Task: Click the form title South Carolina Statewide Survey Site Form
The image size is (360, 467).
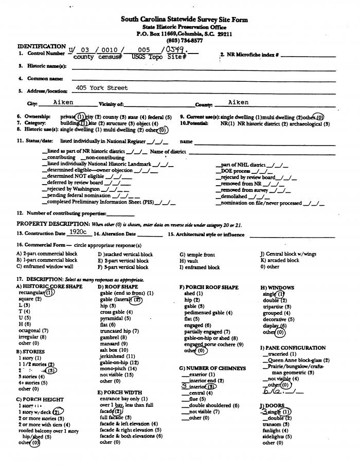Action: click(184, 20)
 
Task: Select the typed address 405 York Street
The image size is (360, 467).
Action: click(102, 88)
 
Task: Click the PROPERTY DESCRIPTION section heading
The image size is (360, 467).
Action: click(53, 224)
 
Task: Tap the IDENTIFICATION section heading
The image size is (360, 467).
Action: click(42, 46)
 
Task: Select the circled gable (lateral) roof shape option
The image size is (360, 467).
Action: click(121, 299)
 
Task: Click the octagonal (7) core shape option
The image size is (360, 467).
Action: click(33, 331)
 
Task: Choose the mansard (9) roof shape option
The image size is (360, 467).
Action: click(114, 344)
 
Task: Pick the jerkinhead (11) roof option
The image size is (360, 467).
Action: click(118, 356)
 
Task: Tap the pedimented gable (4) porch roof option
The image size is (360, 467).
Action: click(208, 312)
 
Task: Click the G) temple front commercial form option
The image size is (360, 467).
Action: click(197, 254)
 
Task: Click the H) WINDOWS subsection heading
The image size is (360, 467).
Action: click(277, 288)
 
